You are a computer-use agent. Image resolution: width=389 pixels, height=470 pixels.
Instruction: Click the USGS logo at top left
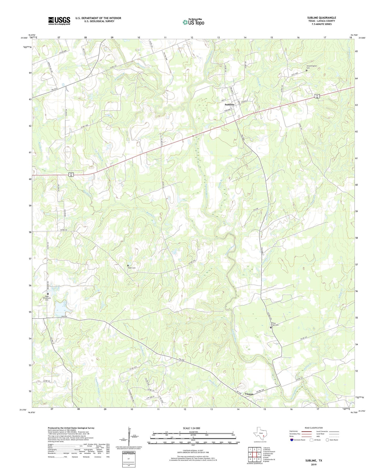59,21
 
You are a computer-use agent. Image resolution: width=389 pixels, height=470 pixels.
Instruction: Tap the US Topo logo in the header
193,22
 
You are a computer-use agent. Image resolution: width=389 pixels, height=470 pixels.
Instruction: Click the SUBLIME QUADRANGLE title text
321,18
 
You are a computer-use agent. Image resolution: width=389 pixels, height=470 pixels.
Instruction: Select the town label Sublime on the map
230,104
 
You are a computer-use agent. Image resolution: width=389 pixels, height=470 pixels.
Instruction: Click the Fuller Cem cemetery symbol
128,266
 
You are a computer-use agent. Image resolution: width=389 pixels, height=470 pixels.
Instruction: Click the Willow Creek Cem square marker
271,327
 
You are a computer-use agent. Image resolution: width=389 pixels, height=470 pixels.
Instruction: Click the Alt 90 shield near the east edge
317,96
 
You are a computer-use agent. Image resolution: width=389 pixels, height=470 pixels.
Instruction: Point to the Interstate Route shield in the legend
292,440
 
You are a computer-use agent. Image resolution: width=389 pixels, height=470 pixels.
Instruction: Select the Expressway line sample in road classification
306,431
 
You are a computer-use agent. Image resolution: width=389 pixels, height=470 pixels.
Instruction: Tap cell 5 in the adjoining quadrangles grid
259,454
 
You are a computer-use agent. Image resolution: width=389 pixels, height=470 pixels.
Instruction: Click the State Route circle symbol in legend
327,440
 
